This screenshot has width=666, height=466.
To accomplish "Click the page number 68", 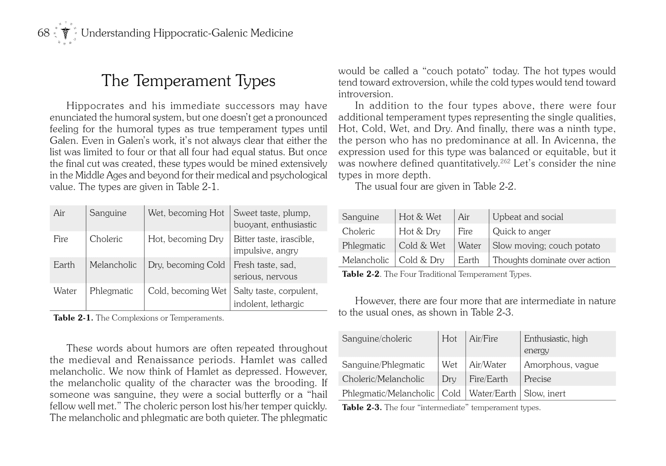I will point(43,33).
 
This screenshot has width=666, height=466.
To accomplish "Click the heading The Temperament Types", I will point(188,81).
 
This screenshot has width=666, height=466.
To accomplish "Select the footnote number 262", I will point(505,161).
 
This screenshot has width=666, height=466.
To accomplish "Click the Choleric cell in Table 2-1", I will point(106,239).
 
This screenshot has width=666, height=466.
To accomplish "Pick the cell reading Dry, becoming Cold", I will point(186,265).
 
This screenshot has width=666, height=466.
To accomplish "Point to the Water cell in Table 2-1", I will point(65,291).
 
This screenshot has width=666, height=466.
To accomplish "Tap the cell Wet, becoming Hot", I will point(186,213).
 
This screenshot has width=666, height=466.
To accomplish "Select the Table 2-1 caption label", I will point(73,318).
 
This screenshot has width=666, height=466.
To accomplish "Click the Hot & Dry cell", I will point(419,231).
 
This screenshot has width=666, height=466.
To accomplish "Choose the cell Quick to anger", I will point(521,231).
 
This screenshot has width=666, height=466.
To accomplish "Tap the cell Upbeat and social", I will point(528,217).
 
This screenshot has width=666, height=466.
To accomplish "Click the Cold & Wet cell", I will point(422,246).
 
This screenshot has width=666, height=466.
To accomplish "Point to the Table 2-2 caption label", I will point(361,274).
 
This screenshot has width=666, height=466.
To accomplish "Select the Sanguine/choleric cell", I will point(377,339).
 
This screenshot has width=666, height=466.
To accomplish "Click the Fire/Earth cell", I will point(489,379).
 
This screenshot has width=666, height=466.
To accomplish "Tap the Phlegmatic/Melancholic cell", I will point(388,393).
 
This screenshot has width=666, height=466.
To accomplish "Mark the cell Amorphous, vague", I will point(561,365).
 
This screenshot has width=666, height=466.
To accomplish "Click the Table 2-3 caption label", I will point(361,407).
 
